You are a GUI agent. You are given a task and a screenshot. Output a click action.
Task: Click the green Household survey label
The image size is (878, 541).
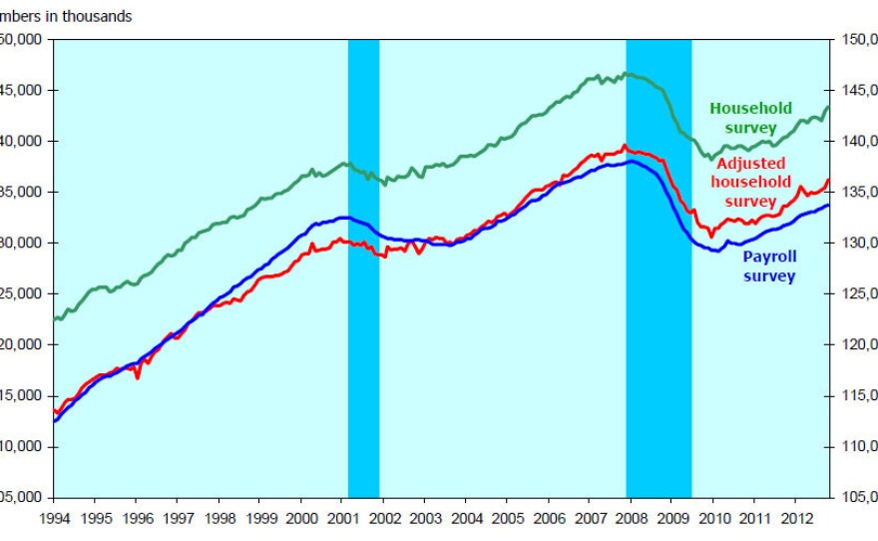point(750,118)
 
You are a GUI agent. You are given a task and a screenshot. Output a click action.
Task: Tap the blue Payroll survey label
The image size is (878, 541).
point(769,266)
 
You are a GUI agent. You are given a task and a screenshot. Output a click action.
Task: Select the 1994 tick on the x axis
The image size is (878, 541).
point(54,519)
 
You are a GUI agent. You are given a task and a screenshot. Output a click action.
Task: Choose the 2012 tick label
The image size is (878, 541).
point(795,519)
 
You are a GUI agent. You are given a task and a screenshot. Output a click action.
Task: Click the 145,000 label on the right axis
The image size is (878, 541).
point(858,91)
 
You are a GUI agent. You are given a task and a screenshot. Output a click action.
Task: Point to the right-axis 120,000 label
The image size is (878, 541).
point(858,344)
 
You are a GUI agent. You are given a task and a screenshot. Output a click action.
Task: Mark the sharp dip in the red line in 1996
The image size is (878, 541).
point(138,377)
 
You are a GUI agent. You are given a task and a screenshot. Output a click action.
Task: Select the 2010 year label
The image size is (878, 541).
point(712,519)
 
